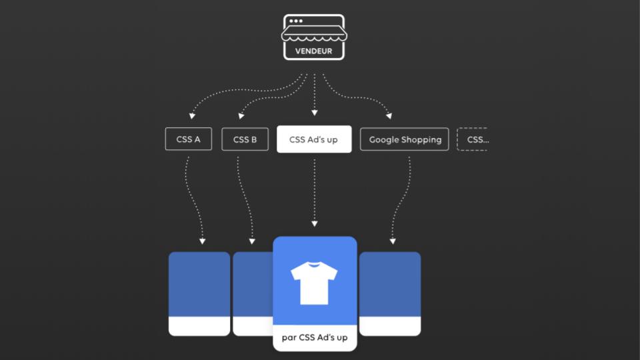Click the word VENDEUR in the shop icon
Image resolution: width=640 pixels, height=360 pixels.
coord(313,51)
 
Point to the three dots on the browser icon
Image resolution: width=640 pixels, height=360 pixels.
coord(296,21)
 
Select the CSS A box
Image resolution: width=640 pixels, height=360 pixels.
coord(188,139)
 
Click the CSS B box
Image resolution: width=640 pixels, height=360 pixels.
coord(245,139)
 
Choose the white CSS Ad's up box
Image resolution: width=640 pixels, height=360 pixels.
coord(314,139)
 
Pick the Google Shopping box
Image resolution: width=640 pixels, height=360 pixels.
coord(405,139)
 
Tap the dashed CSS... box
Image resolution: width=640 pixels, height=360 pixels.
coord(473,139)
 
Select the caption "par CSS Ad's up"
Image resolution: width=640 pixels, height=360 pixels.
coord(314,337)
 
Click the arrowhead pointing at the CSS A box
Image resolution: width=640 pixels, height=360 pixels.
coord(192,116)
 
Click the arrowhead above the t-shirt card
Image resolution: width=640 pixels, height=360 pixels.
coord(314,224)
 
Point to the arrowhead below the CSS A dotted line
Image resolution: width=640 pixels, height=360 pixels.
coord(202,241)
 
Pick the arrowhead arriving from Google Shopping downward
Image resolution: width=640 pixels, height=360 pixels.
coord(393,241)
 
